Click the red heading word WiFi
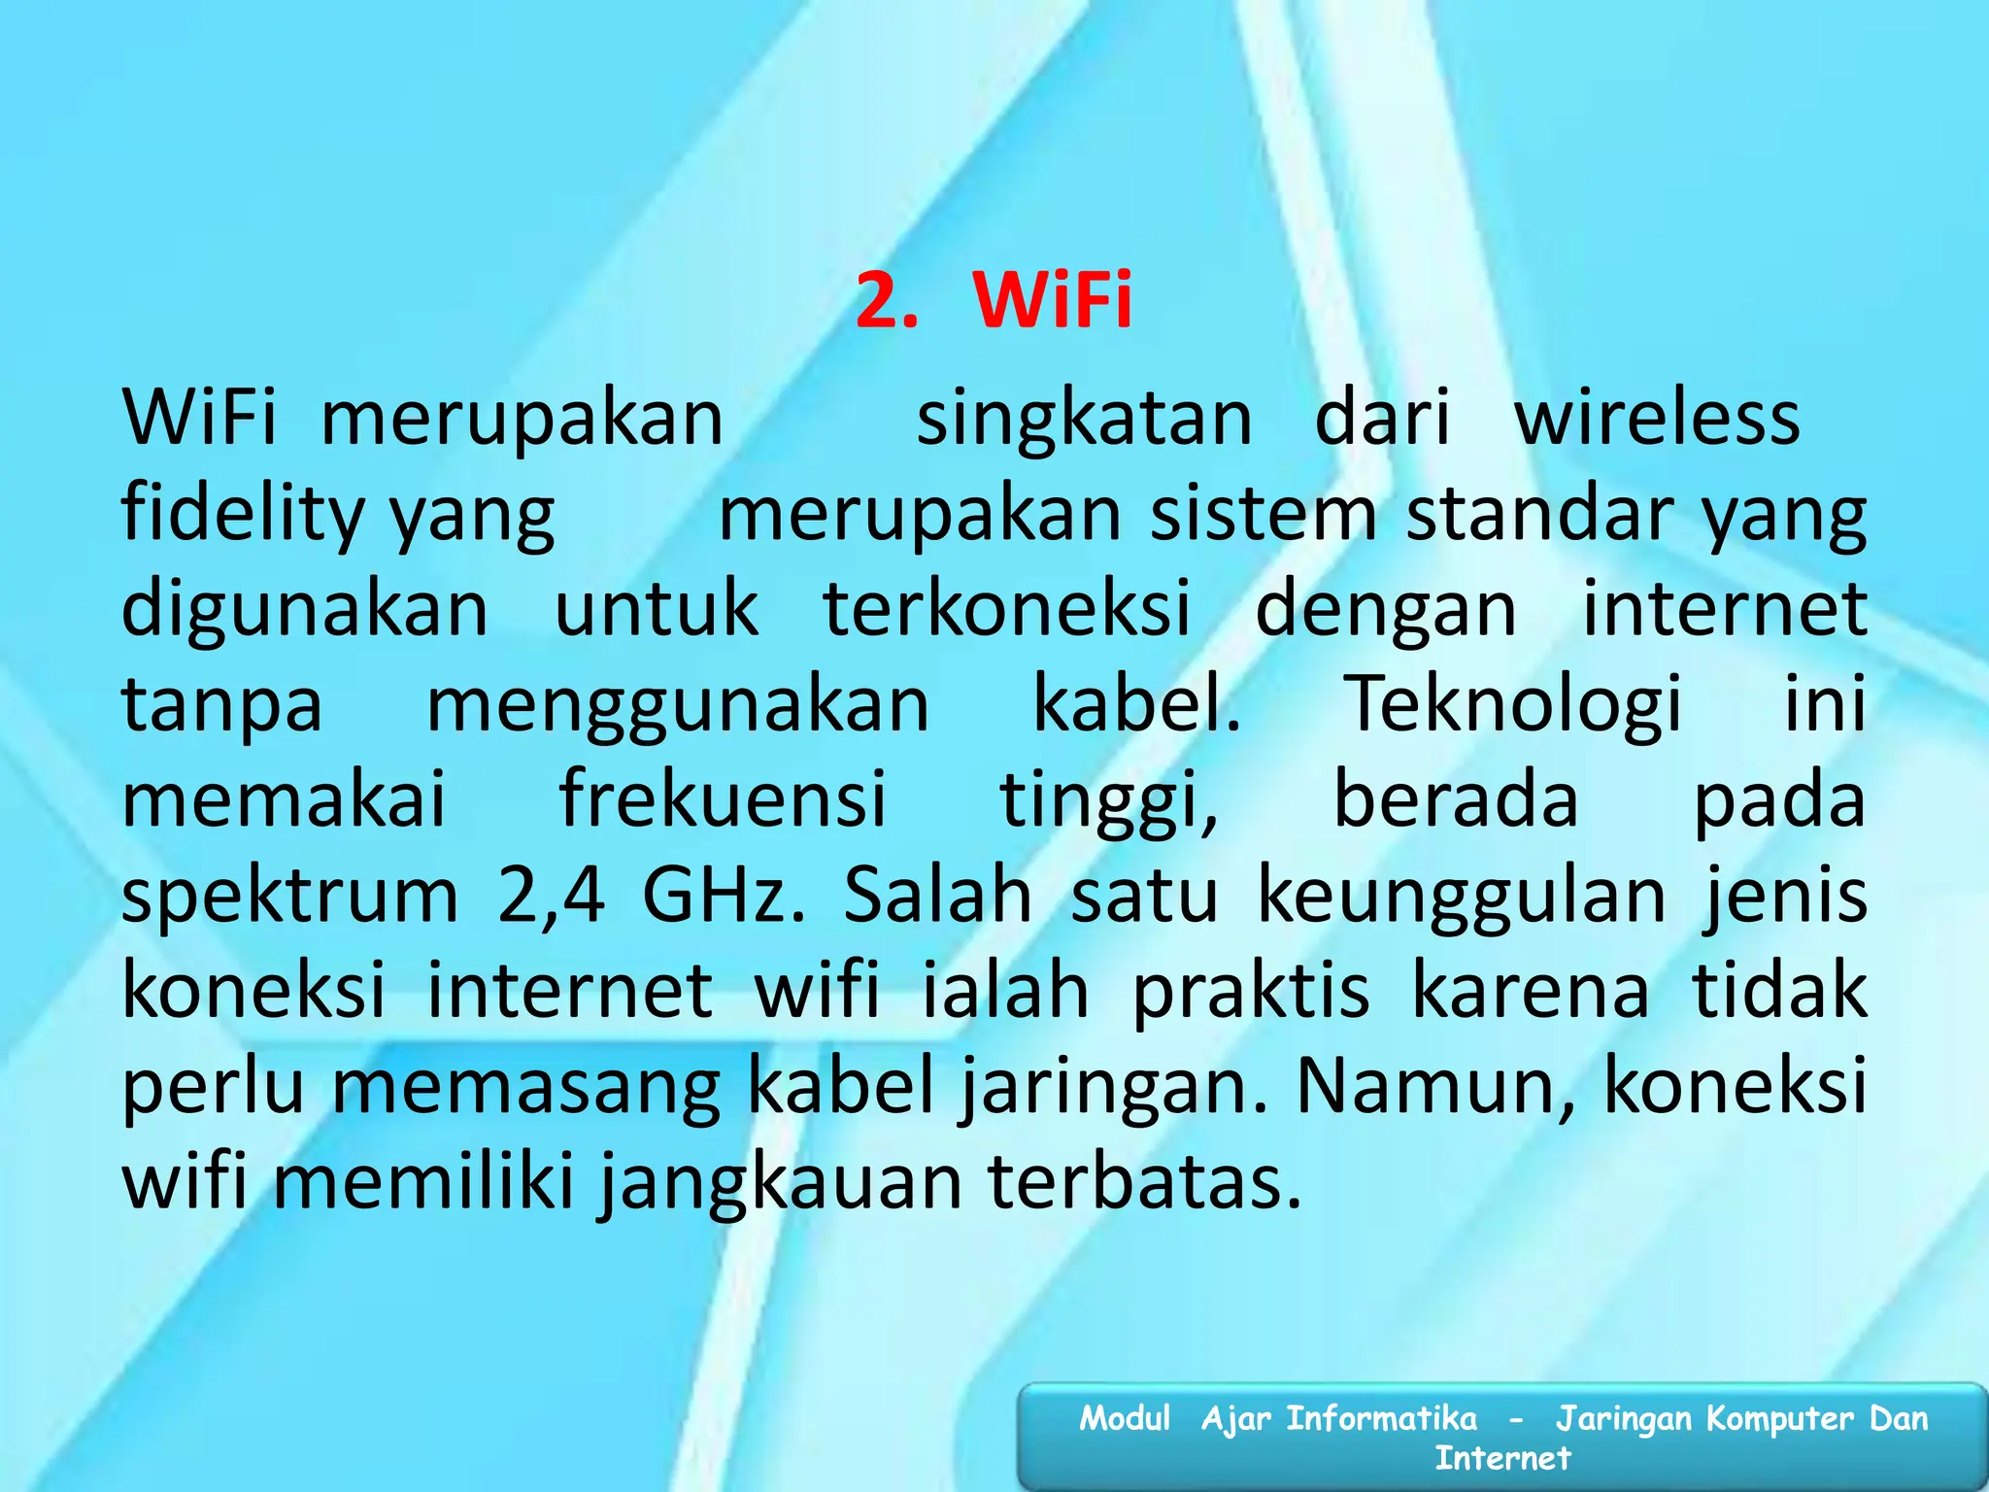(1052, 300)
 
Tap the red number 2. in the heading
(887, 300)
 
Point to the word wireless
(1657, 418)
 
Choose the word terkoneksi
(1007, 610)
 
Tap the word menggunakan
(678, 705)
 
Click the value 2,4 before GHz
(551, 896)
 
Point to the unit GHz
(723, 896)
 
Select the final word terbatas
(1144, 1183)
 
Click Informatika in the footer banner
(1381, 1419)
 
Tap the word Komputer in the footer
(1780, 1419)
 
